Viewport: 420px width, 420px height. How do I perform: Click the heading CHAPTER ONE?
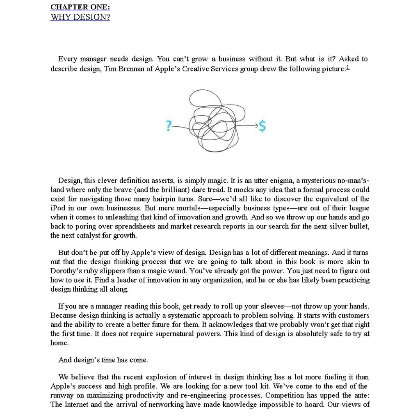point(80,7)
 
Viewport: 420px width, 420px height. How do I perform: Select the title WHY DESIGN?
point(80,17)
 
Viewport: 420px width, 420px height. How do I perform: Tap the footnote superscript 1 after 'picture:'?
point(348,67)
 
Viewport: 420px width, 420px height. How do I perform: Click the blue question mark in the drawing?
point(169,126)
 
